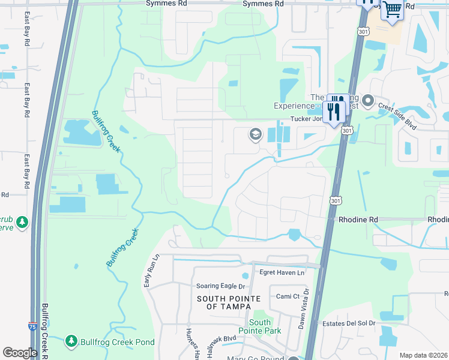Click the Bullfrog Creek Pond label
(x=116, y=342)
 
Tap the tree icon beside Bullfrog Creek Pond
(x=71, y=341)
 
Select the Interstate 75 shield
(x=32, y=326)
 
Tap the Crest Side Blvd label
(x=397, y=113)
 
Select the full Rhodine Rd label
(x=358, y=220)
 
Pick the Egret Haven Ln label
(x=282, y=273)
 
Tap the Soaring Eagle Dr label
(x=220, y=286)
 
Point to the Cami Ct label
(x=288, y=296)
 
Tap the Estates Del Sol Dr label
(x=347, y=323)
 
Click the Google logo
(x=20, y=353)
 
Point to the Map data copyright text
(x=423, y=355)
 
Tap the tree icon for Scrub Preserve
(x=22, y=223)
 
